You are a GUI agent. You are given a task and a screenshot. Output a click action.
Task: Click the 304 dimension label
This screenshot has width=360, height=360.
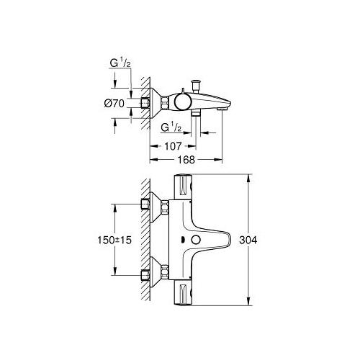[x=248, y=240]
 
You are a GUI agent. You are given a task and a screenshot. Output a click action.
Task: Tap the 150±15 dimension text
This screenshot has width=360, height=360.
[x=114, y=240]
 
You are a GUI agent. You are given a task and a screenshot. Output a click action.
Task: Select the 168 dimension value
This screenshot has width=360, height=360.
[x=186, y=160]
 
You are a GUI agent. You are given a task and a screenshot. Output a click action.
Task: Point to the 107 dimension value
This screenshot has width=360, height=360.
[x=173, y=146]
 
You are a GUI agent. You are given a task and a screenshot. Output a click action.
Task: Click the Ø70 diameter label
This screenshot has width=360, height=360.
[x=114, y=104]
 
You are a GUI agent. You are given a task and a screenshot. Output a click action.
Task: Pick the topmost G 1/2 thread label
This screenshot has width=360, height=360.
[x=120, y=63]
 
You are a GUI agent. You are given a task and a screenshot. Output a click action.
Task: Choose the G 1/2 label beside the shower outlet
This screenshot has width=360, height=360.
[x=171, y=127]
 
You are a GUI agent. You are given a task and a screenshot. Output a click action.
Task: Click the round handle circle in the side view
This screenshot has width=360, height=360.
[x=183, y=102]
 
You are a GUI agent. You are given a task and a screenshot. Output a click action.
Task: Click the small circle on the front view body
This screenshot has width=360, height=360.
[x=196, y=240]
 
